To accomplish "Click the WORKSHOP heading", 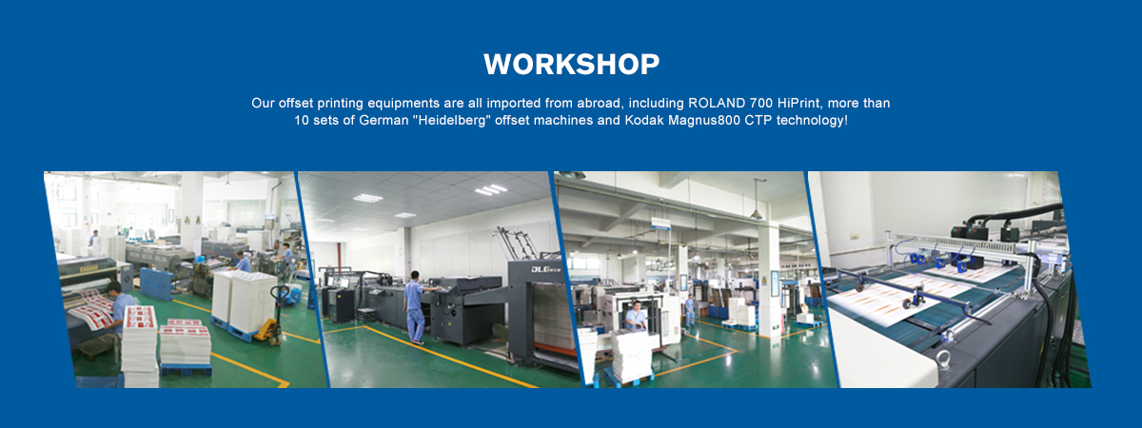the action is (x=572, y=65).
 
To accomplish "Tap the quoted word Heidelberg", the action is (x=452, y=120).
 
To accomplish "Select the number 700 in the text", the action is (x=760, y=103).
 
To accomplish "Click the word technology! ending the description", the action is (x=812, y=121).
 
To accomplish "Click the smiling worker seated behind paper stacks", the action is (x=636, y=317).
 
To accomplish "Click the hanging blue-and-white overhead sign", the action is (x=660, y=223).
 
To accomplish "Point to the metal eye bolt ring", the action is (x=943, y=360).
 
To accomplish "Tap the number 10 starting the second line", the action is (x=302, y=120).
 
